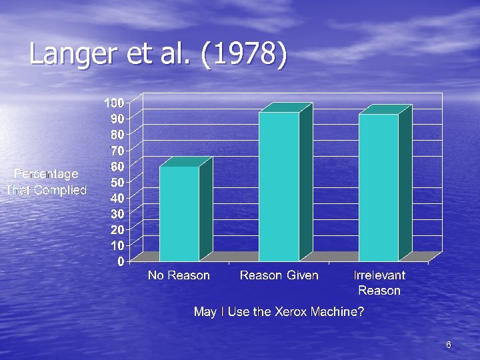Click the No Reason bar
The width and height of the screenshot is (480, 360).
pyautogui.click(x=179, y=213)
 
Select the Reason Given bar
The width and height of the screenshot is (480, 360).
pyautogui.click(x=279, y=187)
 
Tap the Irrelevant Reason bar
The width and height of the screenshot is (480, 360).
pyautogui.click(x=379, y=187)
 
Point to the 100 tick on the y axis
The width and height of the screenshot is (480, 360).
pyautogui.click(x=113, y=103)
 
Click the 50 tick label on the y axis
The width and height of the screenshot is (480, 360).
pyautogui.click(x=117, y=182)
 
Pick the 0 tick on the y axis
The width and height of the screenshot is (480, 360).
pyautogui.click(x=120, y=261)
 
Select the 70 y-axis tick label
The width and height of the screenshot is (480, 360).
pyautogui.click(x=117, y=150)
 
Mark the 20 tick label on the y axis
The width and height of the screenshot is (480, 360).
pyautogui.click(x=117, y=229)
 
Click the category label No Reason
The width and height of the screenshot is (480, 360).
pyautogui.click(x=179, y=275)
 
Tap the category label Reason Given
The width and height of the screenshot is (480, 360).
pyautogui.click(x=279, y=275)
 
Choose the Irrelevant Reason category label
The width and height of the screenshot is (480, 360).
pyautogui.click(x=379, y=283)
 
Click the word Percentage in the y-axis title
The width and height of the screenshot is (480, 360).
pyautogui.click(x=46, y=174)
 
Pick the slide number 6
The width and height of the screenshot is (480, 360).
pyautogui.click(x=449, y=345)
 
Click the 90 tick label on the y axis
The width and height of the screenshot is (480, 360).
pyautogui.click(x=117, y=119)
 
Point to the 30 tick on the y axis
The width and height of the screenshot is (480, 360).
pyautogui.click(x=117, y=213)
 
